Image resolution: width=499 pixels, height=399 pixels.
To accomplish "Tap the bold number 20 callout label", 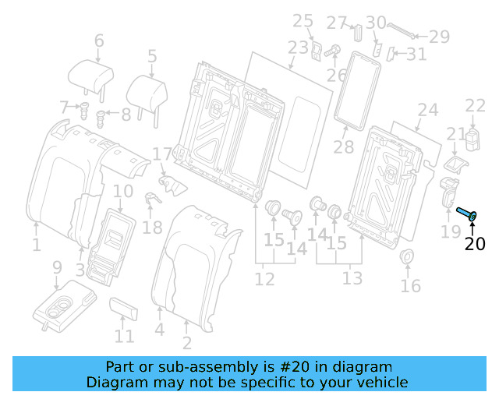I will click(x=474, y=244).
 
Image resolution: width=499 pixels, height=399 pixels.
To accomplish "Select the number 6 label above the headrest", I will click(x=99, y=41).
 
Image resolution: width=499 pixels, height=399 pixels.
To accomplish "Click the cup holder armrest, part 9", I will click(x=64, y=307).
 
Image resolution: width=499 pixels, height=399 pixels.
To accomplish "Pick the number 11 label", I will click(x=124, y=337).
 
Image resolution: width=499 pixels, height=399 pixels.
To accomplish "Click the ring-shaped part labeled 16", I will click(x=406, y=258).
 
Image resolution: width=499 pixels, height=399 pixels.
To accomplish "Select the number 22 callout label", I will click(x=475, y=106).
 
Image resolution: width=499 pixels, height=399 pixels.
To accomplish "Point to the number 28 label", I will click(x=343, y=147).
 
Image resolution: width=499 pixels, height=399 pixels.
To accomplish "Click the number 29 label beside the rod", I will click(x=440, y=36).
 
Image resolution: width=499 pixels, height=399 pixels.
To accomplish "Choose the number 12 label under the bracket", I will click(x=264, y=278).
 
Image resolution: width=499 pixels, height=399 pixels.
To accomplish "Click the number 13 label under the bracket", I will click(x=352, y=278).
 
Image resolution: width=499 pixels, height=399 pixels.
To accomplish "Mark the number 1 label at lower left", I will click(x=36, y=245).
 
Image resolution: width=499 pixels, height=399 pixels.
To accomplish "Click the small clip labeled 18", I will click(x=153, y=199).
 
